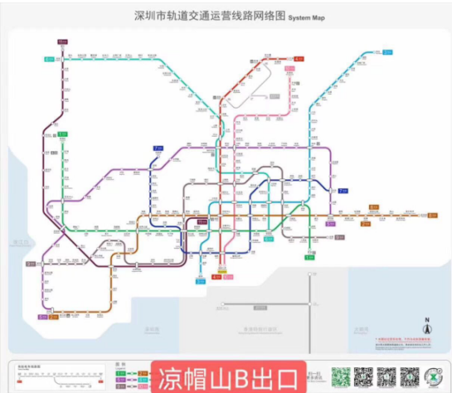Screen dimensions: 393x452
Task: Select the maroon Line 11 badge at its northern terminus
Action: pos(63,41)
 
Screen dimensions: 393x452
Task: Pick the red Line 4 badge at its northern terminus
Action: pos(299,60)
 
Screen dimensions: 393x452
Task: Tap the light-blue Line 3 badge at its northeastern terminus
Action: pos(387,52)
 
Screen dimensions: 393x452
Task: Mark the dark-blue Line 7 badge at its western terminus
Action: pos(158,149)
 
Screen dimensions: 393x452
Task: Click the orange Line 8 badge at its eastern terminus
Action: pos(431,216)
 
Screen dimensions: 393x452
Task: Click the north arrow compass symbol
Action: pos(427,327)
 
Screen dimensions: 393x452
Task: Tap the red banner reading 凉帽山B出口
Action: pos(228,377)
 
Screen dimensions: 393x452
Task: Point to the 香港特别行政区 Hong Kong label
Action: pos(260,327)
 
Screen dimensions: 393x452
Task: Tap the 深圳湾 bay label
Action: pos(150,328)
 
